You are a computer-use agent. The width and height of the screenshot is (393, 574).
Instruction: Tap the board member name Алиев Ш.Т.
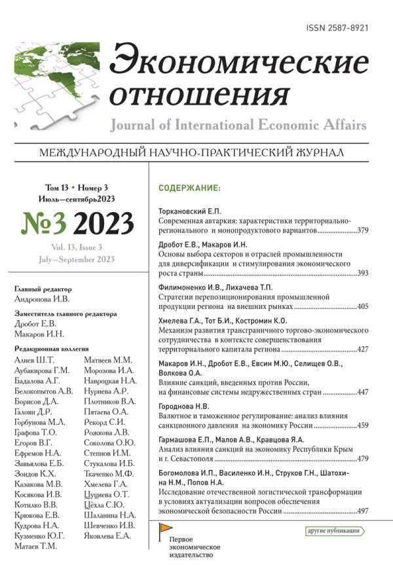click(35, 360)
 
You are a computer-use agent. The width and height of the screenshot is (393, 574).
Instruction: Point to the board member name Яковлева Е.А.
click(108, 537)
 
